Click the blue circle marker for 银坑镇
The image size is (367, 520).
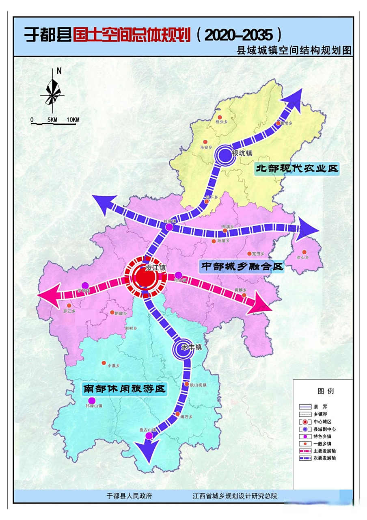click(x=225, y=155)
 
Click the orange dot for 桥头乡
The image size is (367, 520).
click(x=220, y=117)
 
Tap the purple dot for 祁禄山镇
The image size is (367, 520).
click(x=92, y=401)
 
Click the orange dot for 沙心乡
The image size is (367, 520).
click(x=303, y=251)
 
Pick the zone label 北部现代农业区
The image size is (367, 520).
click(x=296, y=169)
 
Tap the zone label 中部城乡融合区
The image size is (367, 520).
click(x=242, y=267)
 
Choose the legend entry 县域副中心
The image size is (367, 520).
click(x=325, y=429)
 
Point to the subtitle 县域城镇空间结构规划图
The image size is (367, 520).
click(x=294, y=50)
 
